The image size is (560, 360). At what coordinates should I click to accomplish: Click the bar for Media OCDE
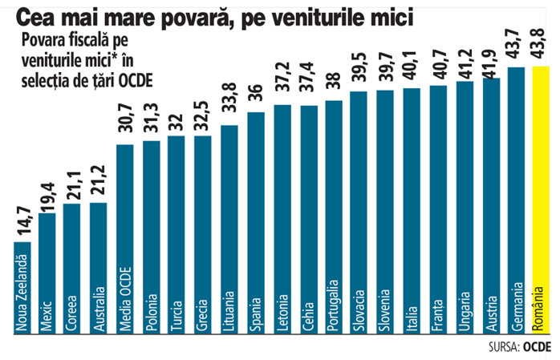pyautogui.click(x=126, y=241)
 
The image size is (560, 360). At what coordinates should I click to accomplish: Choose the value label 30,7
pyautogui.click(x=126, y=124)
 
